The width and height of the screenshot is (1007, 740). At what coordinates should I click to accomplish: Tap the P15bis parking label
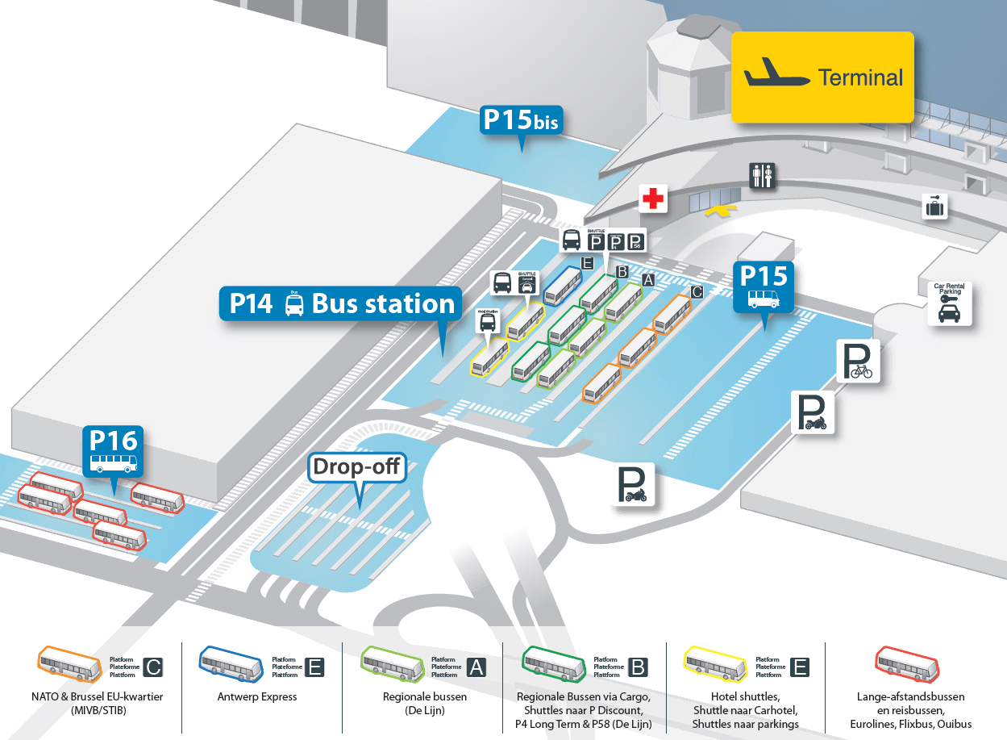[521, 120]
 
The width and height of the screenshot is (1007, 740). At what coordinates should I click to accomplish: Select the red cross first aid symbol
[653, 198]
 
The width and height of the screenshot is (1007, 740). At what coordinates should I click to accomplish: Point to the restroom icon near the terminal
[762, 175]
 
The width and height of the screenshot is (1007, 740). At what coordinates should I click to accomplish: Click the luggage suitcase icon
[934, 207]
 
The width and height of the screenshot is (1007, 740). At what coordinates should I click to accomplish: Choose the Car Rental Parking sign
[949, 303]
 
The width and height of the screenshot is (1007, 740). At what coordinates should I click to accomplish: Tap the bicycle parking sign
[858, 360]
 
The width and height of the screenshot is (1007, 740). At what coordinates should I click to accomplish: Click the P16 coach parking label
[114, 451]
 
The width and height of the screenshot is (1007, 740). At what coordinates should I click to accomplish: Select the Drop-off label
[357, 467]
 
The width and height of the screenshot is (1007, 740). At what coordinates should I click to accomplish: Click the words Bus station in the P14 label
[383, 303]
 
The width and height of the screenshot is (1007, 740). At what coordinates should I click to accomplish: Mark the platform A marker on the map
[647, 280]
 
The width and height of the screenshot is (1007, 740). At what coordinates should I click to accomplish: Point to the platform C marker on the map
[697, 292]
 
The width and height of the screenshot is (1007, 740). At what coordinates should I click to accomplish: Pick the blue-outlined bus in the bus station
[563, 286]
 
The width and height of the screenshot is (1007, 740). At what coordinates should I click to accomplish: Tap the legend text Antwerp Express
[257, 696]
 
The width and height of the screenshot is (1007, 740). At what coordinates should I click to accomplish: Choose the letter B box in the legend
[638, 667]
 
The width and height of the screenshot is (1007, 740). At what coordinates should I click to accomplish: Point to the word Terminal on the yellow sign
[860, 77]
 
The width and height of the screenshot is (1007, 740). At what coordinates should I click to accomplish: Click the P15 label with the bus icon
[763, 286]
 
